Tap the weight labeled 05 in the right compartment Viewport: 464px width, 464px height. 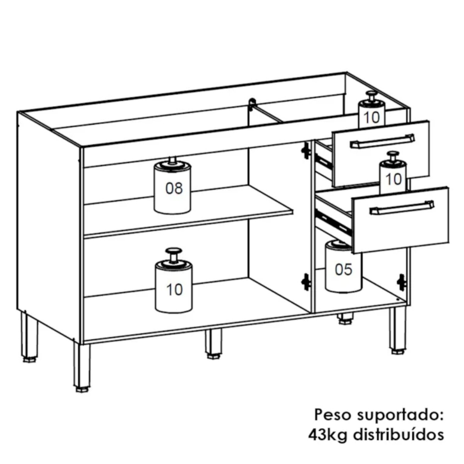click(343, 266)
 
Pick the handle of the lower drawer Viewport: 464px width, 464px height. click(402, 207)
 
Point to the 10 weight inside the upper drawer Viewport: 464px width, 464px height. click(372, 109)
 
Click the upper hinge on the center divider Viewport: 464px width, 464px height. click(306, 150)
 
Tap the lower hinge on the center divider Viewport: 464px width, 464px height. click(306, 281)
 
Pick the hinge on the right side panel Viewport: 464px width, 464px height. click(402, 282)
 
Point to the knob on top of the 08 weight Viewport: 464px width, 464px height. click(172, 160)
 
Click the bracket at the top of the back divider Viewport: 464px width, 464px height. click(252, 104)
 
